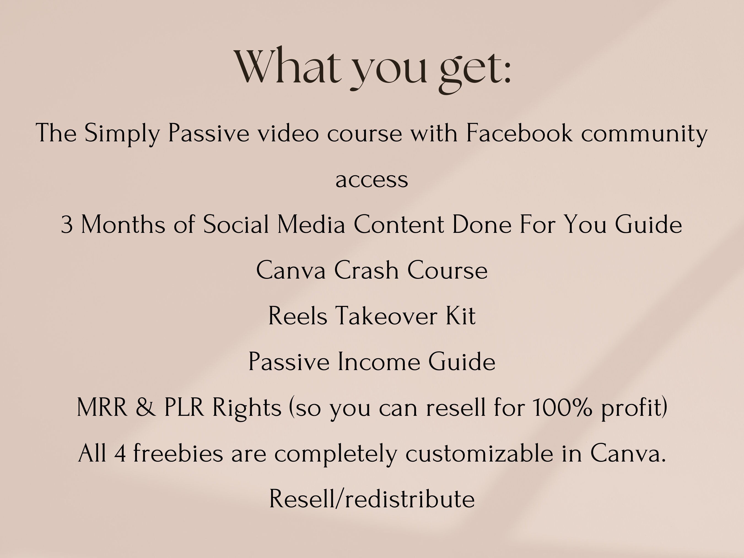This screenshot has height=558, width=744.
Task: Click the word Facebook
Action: (x=519, y=133)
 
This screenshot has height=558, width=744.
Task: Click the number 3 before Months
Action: (x=67, y=225)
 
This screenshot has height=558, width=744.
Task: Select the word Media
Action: (x=311, y=224)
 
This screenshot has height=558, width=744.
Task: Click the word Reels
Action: (x=298, y=316)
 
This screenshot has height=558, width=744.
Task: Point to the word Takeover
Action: (x=386, y=316)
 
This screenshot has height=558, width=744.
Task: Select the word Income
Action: (x=378, y=362)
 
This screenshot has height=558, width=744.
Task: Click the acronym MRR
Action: (x=102, y=408)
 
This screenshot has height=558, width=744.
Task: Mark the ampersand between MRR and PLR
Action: (x=146, y=408)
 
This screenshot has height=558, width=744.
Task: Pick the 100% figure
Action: (x=562, y=408)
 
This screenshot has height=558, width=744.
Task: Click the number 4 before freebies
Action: (x=120, y=453)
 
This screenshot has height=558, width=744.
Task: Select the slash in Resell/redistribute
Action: (x=340, y=499)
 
